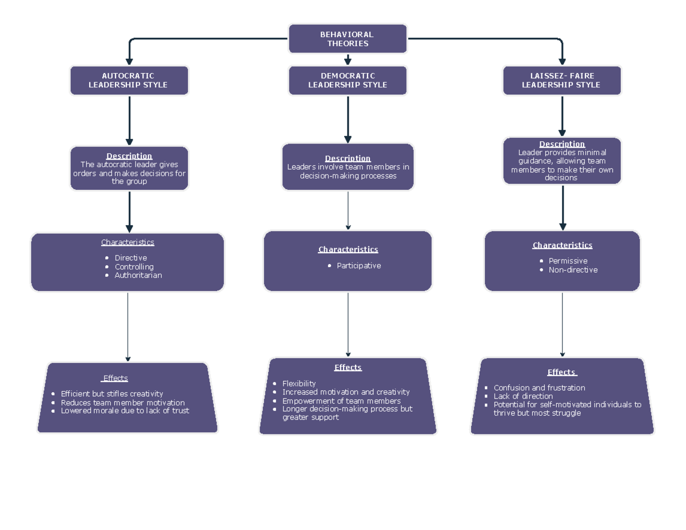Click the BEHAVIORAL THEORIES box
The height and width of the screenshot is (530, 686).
pos(348,39)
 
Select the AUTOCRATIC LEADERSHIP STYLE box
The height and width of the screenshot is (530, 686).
pos(129,81)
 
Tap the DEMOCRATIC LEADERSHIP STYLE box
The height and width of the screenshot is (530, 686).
pos(348,81)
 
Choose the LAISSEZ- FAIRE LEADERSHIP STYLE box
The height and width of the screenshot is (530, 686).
pos(561,81)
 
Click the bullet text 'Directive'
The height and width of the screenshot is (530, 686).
pos(130,258)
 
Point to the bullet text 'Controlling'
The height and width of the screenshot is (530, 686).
pos(134,266)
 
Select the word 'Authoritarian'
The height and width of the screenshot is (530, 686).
pos(138,275)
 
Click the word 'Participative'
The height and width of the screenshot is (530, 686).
pos(358,266)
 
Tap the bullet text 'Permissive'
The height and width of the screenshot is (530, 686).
pos(568,261)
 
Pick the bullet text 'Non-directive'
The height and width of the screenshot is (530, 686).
pos(573,270)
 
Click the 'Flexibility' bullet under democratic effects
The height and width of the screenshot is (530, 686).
pos(299,384)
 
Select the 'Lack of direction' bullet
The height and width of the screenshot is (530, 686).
pos(523,396)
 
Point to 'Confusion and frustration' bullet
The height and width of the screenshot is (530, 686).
pos(539,388)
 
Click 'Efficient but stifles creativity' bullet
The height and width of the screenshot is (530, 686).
pos(111,394)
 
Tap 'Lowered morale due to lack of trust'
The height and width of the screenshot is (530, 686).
pos(125,411)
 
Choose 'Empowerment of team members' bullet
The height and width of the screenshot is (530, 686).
pos(341,401)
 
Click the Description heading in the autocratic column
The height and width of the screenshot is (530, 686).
pos(129,156)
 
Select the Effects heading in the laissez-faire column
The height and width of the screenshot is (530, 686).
pos(561,372)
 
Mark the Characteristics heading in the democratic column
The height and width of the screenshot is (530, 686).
pos(348,249)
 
